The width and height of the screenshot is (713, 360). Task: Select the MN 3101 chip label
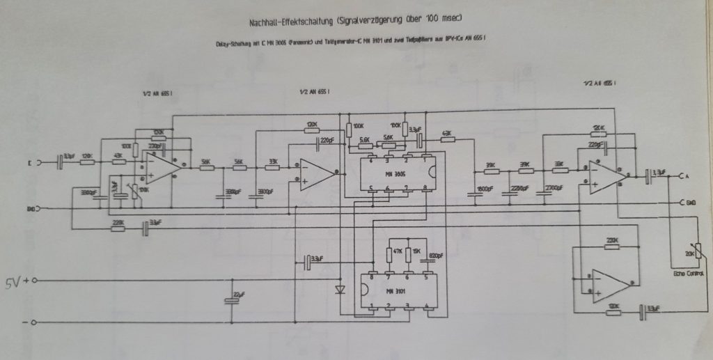pos(397,291)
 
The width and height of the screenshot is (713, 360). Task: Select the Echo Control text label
pos(689,275)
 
